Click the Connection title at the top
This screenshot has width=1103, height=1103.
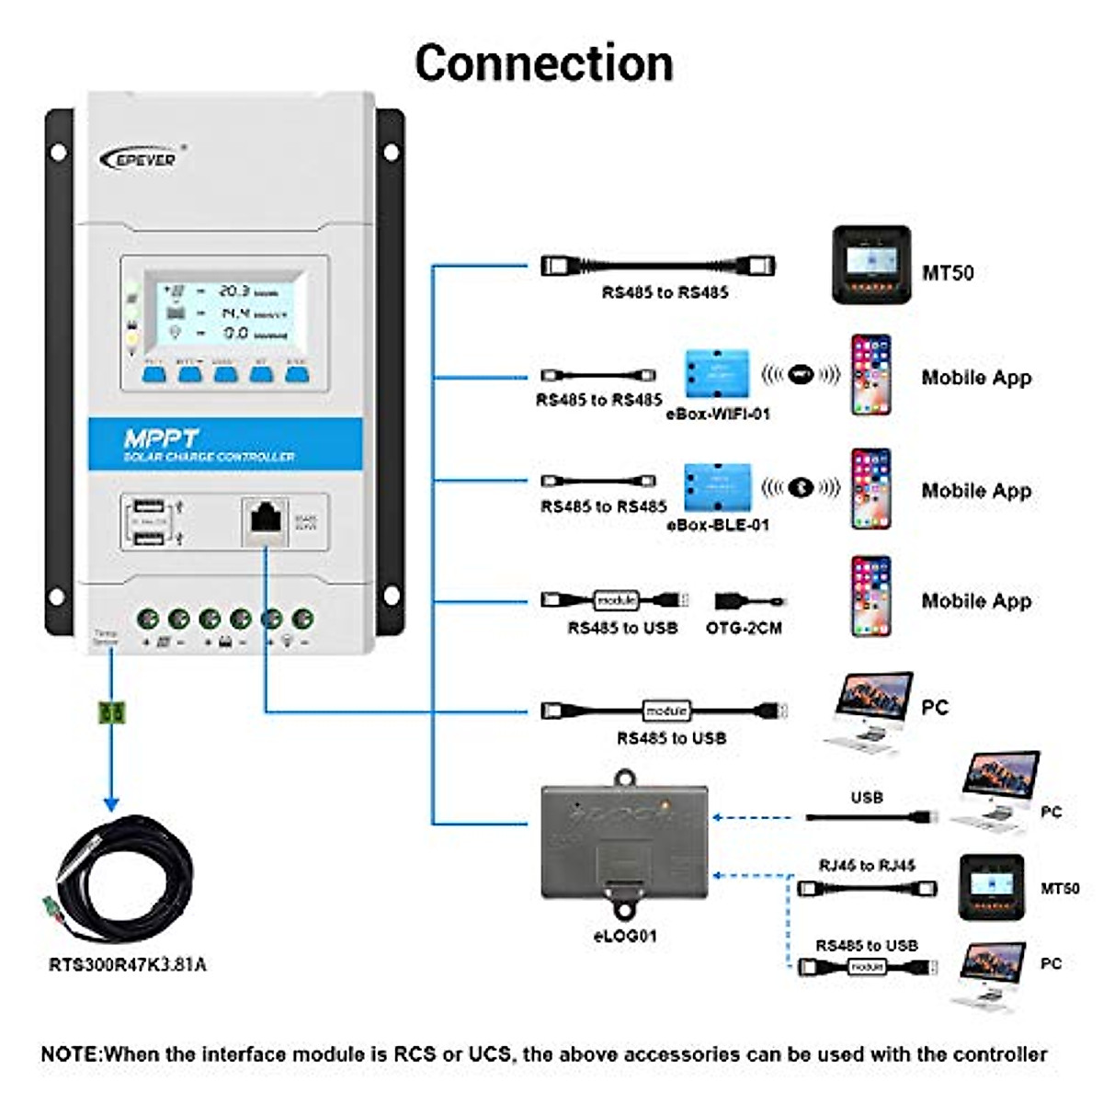[x=544, y=63]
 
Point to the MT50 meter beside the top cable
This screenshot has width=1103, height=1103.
[x=870, y=265]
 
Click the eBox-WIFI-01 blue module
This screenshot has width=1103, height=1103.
[x=717, y=374]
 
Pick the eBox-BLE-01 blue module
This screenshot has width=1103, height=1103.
[x=717, y=487]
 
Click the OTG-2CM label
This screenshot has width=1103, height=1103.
[x=743, y=628]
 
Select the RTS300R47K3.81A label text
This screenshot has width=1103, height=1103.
[x=127, y=964]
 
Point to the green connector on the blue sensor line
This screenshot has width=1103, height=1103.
[x=111, y=711]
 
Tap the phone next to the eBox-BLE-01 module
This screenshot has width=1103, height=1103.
[x=870, y=489]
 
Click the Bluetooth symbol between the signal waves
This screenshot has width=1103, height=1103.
[x=801, y=487]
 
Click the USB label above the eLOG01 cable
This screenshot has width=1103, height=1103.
[x=866, y=798]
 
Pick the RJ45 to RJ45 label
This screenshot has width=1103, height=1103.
[x=866, y=866]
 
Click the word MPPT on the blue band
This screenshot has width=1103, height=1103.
[x=161, y=438]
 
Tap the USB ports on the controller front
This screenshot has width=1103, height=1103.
[x=149, y=520]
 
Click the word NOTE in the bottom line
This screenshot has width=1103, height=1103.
[x=70, y=1054]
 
